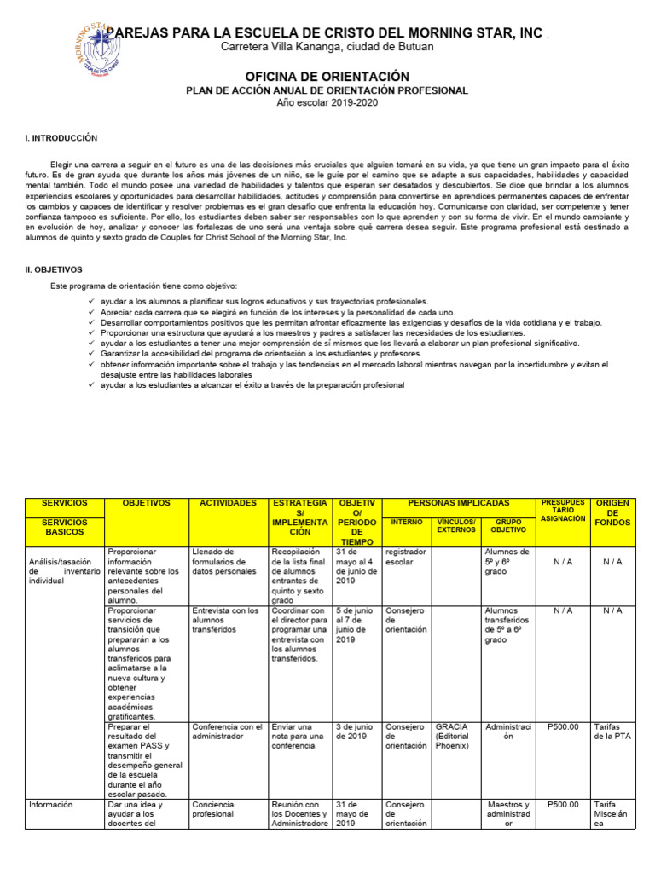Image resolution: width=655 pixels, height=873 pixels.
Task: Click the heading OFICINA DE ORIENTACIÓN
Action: pos(327,77)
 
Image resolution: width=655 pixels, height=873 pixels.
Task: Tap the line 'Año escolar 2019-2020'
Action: pos(327,102)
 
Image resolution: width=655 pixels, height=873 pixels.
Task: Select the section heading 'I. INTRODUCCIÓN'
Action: pos(61,138)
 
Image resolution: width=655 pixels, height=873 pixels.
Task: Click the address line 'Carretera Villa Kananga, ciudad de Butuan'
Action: pos(327,47)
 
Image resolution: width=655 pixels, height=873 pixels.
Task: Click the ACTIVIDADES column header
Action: pos(228,504)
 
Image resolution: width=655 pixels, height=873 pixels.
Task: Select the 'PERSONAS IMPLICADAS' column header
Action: pos(458,504)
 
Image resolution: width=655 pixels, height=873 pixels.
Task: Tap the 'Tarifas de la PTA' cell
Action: pos(612,732)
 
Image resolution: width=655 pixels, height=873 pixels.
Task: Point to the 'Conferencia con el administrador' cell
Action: pos(228,732)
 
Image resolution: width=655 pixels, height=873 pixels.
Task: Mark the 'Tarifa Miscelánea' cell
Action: pos(612,813)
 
